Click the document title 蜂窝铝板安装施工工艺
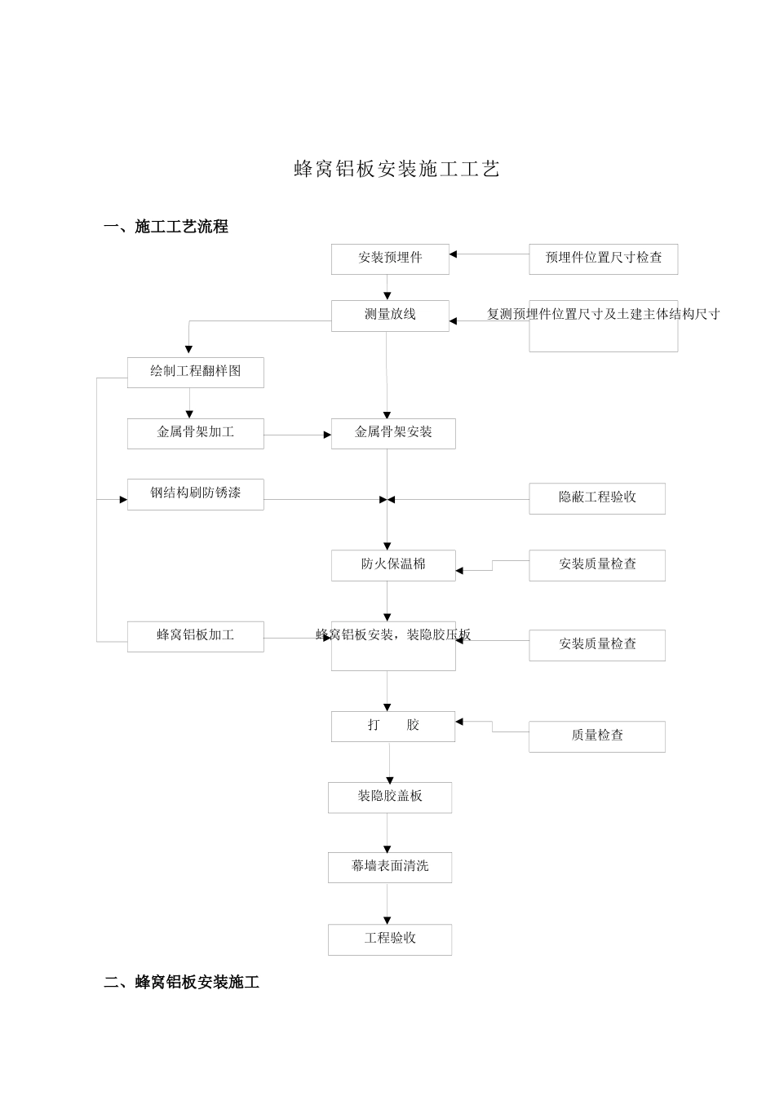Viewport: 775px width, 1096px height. click(396, 170)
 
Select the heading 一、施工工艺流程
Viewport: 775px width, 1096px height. click(166, 228)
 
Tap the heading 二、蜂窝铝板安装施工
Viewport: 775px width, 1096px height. click(181, 983)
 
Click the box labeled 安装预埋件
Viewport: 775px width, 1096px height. click(390, 259)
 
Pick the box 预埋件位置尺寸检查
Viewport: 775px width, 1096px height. click(603, 259)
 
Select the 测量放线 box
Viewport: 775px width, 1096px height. click(390, 316)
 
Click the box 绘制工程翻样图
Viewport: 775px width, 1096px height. click(195, 372)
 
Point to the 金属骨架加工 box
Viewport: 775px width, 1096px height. click(195, 433)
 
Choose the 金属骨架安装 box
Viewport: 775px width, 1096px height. click(393, 433)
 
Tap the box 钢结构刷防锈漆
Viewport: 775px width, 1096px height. click(195, 494)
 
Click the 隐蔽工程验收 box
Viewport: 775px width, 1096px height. click(596, 498)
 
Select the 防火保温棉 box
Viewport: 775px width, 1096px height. click(393, 565)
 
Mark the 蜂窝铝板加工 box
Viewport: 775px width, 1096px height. click(195, 636)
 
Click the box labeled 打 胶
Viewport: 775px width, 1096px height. click(393, 726)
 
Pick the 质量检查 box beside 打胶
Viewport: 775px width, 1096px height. click(596, 736)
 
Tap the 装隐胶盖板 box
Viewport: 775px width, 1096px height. click(390, 798)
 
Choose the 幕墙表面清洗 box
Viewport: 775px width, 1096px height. click(390, 867)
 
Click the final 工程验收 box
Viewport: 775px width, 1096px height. click(390, 939)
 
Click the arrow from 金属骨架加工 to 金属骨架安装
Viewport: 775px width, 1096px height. click(297, 435)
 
